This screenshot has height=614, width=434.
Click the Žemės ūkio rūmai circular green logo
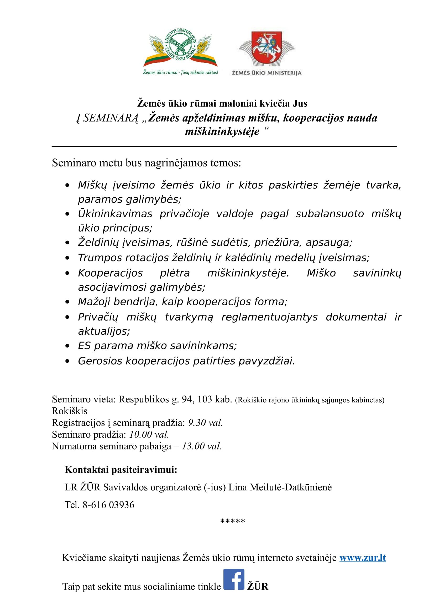pos(180,44)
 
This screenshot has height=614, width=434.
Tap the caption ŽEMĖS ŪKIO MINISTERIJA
pos(266,73)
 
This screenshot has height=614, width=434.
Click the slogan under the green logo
pos(180,72)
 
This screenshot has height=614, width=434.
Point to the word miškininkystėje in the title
pos(222,131)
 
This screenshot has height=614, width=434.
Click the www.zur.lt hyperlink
pos(363,558)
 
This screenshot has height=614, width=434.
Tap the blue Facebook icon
pos(234,579)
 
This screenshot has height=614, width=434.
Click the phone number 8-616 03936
pos(108,505)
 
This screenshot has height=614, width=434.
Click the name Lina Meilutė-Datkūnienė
pos(280,487)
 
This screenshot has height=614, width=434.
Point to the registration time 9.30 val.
pos(205,423)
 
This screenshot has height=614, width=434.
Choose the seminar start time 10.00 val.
pos(149,434)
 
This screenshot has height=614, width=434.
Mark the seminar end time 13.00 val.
pos(202,446)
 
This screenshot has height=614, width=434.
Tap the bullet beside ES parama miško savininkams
pos(67,346)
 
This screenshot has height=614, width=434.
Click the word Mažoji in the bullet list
pos(94,302)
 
